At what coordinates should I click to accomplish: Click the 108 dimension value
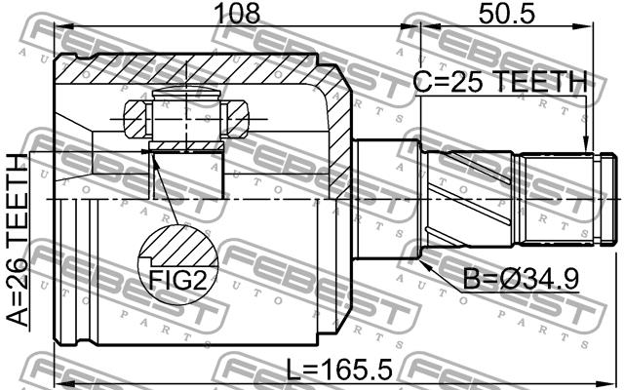click(237, 13)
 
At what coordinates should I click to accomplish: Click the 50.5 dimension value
click(507, 14)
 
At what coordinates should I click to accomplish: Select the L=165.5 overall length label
click(339, 369)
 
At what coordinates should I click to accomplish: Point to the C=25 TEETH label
click(500, 82)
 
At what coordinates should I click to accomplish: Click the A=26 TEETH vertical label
click(18, 240)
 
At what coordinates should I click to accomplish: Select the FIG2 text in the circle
click(177, 280)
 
